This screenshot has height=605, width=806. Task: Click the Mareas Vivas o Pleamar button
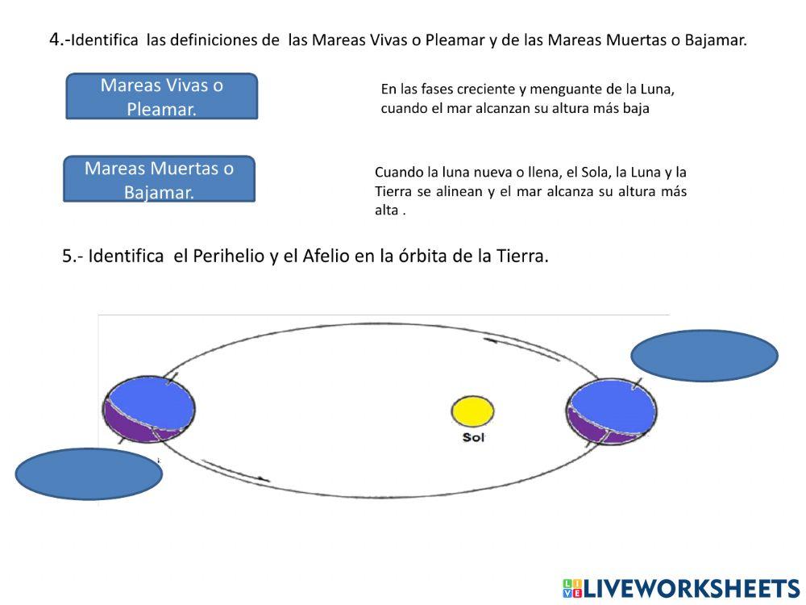tap(161, 96)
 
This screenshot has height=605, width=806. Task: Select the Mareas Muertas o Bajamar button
tap(159, 179)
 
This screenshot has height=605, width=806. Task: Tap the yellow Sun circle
tap(472, 411)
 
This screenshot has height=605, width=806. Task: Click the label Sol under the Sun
tap(472, 438)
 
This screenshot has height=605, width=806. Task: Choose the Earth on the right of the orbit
tap(612, 411)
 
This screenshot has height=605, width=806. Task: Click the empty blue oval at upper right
tap(704, 355)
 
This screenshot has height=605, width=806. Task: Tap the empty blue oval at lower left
tap(89, 474)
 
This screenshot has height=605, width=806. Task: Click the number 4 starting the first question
tap(55, 39)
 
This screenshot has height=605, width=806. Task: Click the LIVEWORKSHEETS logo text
tap(690, 588)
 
